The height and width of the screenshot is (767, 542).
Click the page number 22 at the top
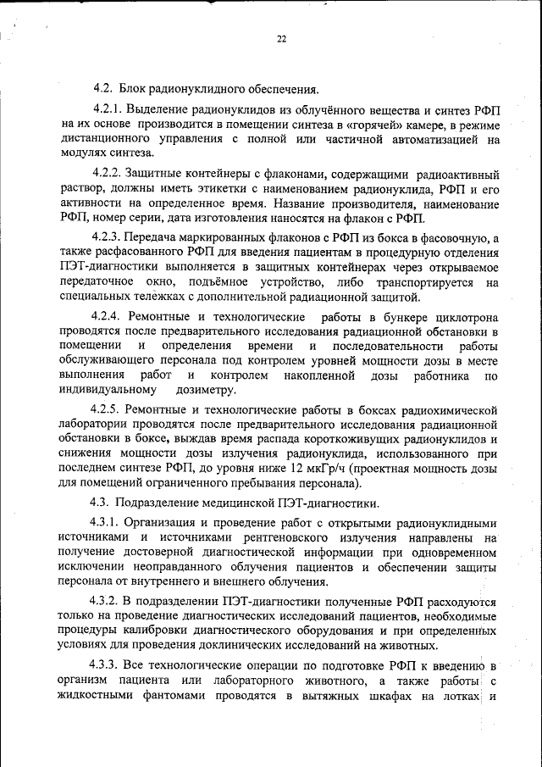click(x=281, y=38)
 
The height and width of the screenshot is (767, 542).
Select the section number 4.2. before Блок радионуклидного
click(x=102, y=89)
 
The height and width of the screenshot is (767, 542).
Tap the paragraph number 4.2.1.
click(x=108, y=110)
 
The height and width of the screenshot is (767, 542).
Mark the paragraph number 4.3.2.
click(x=108, y=600)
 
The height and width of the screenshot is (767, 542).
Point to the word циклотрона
click(x=466, y=317)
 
